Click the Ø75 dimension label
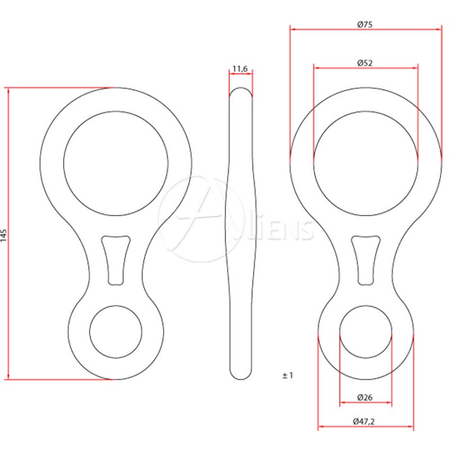pyautogui.click(x=364, y=24)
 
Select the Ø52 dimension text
pyautogui.click(x=364, y=63)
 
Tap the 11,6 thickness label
pyautogui.click(x=240, y=69)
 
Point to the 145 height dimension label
pyautogui.click(x=3, y=235)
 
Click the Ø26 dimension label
pyautogui.click(x=364, y=398)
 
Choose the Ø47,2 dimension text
pyautogui.click(x=363, y=421)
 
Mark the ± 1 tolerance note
pyautogui.click(x=287, y=375)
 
